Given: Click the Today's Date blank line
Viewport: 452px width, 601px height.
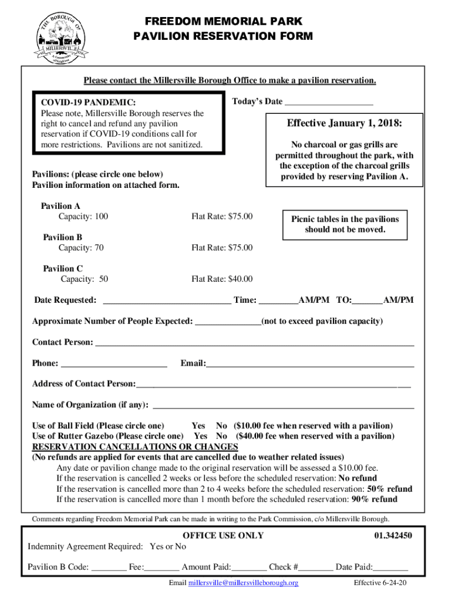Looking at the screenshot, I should click(329, 103).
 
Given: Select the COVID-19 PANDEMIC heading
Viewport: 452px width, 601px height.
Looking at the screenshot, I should click(88, 103).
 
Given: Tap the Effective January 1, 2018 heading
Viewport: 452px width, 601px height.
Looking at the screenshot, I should click(344, 123).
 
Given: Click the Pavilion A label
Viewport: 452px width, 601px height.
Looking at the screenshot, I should click(60, 206).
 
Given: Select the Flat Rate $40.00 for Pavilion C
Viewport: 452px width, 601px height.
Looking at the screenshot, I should click(222, 279).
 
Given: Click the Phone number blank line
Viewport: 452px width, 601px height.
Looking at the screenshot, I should click(114, 365).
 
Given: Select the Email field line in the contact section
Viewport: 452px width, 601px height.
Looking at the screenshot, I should click(310, 365).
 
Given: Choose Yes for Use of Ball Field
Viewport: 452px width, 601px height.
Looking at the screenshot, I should click(198, 426).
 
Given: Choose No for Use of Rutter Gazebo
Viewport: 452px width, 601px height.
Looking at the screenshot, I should click(221, 436).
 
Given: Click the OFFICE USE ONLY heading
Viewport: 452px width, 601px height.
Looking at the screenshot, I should click(223, 535).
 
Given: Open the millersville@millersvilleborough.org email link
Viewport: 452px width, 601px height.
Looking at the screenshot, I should click(243, 583).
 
